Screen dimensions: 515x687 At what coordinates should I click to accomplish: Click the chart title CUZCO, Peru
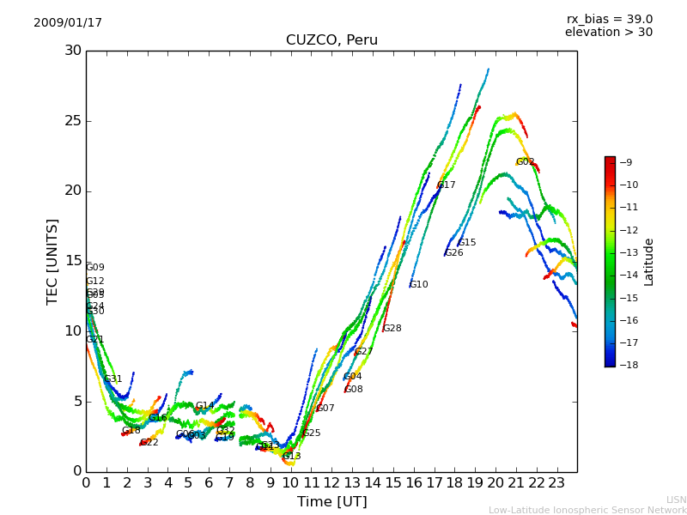coord(331,40)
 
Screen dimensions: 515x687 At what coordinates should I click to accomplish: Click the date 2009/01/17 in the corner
coord(68,23)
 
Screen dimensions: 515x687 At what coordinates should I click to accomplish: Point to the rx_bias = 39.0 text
coord(609,20)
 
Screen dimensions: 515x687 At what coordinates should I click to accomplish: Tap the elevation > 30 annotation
coord(608,33)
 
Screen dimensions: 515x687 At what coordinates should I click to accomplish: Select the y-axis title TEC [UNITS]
coord(53,261)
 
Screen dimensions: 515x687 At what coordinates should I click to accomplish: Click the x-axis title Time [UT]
coord(331,502)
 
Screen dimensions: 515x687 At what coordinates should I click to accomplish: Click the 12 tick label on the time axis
coord(331,483)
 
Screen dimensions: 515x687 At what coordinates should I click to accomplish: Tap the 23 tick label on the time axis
coord(556,483)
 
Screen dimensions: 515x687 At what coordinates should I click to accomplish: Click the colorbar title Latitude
coord(649,261)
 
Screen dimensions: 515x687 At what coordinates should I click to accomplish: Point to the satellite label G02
coord(526,161)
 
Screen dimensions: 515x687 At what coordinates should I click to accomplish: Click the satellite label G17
coord(447,185)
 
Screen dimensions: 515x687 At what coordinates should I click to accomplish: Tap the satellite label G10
coord(418,284)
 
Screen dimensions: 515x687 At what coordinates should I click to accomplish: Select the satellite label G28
coord(392,328)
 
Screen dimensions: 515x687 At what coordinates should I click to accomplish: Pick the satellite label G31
coord(113,379)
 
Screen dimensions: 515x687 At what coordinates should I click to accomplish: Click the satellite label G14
coord(204,405)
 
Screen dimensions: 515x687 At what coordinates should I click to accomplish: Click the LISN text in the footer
coord(677,500)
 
